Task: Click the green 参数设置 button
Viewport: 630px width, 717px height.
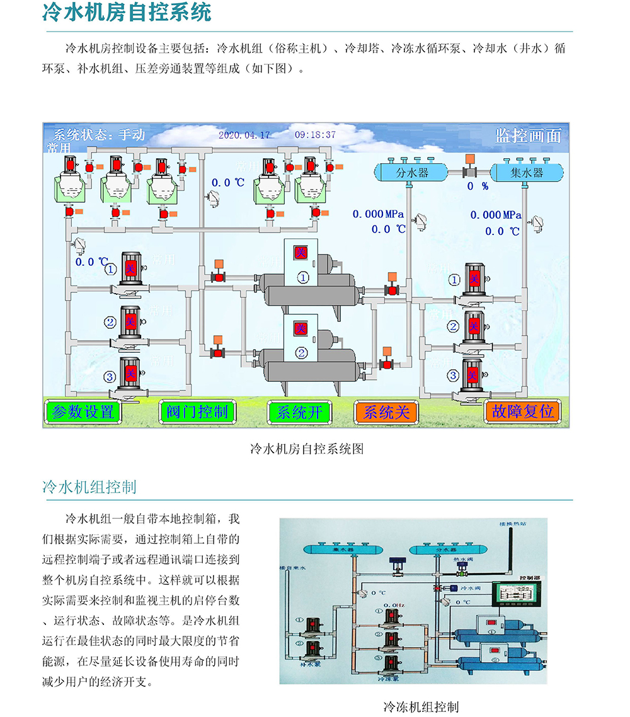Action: tap(83, 412)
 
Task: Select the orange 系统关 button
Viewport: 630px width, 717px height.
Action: tap(386, 412)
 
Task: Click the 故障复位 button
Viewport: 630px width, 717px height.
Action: tap(523, 412)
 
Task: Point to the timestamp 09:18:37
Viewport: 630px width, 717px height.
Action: tap(315, 135)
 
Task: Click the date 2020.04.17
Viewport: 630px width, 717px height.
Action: tap(244, 135)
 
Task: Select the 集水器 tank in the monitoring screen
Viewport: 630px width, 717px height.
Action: tap(527, 172)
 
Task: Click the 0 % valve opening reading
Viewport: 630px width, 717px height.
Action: tap(478, 186)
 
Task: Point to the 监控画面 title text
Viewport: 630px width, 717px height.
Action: tap(527, 135)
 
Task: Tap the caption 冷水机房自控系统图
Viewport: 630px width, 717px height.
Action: tap(307, 449)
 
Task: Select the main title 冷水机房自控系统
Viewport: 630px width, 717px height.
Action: tap(127, 13)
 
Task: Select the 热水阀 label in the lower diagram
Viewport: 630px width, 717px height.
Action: tap(462, 558)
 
